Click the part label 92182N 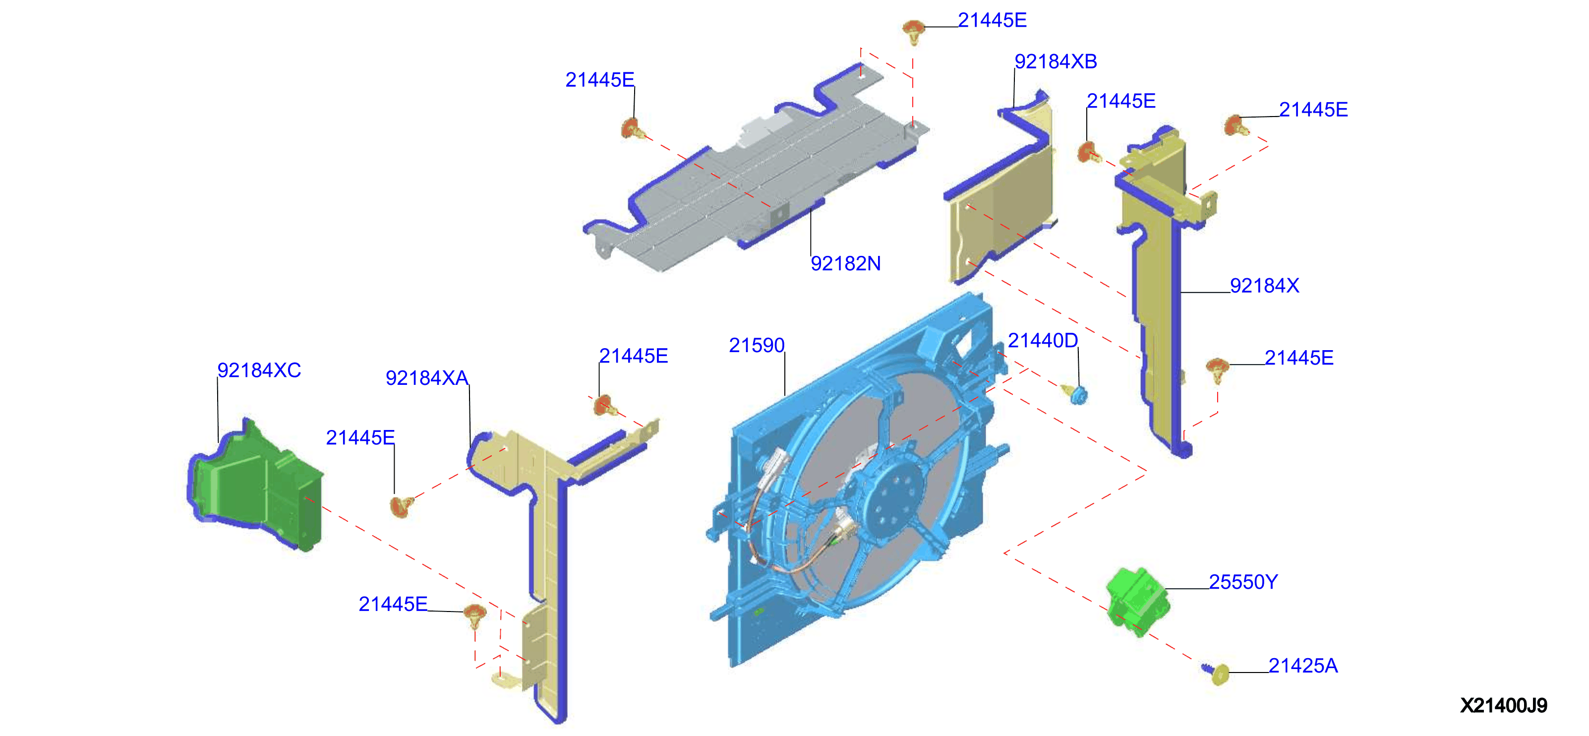tap(845, 263)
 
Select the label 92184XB tap(1056, 61)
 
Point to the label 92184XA tap(427, 377)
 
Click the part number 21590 tap(756, 345)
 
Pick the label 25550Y tap(1243, 582)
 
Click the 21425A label tap(1303, 665)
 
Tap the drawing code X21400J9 tap(1503, 705)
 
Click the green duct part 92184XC tap(256, 484)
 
